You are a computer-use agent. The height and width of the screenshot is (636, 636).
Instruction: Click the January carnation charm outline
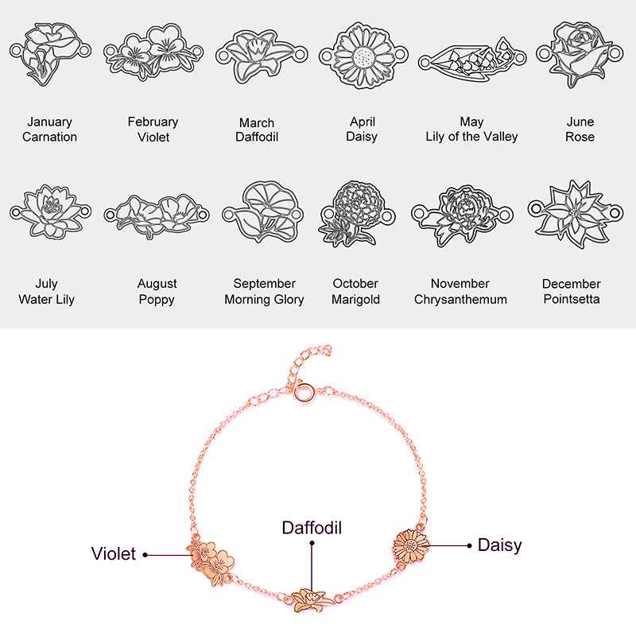51,53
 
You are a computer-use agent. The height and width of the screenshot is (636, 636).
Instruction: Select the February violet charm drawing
153,52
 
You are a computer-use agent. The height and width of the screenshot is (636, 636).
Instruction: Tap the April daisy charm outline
363,56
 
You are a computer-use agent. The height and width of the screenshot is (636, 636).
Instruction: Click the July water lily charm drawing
50,211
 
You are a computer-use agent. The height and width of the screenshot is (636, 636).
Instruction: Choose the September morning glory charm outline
263,211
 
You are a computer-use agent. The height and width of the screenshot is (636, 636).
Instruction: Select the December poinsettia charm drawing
576,214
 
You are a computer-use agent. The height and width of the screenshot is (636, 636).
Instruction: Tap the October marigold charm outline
357,214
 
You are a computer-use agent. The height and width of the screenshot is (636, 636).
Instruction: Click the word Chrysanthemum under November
460,300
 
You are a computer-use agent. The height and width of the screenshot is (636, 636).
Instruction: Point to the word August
157,284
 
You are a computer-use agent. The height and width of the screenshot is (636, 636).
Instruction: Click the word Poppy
157,300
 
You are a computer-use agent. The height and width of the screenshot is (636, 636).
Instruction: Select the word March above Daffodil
257,122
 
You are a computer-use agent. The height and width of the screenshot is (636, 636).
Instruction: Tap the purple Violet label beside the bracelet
114,553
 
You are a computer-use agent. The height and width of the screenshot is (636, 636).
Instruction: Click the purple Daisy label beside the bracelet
500,545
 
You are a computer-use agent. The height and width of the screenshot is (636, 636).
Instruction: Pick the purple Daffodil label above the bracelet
312,528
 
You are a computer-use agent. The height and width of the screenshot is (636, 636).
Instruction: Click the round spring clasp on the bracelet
304,392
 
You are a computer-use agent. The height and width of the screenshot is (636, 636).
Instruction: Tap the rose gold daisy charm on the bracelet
411,546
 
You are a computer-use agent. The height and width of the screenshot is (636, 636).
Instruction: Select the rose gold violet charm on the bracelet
211,562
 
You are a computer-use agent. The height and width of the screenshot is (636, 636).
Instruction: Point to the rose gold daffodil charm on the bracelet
312,600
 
